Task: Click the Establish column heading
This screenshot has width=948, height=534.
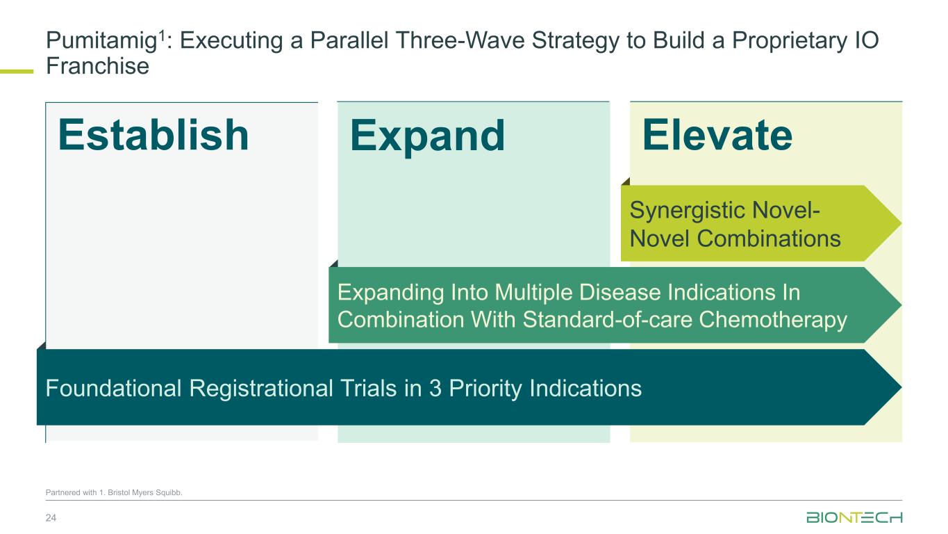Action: pyautogui.click(x=153, y=135)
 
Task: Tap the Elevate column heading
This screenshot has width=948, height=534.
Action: pyautogui.click(x=717, y=135)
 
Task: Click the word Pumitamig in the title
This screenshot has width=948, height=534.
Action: pyautogui.click(x=101, y=42)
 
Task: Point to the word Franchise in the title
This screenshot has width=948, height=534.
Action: pyautogui.click(x=97, y=66)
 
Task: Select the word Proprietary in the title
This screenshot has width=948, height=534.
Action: pyautogui.click(x=790, y=42)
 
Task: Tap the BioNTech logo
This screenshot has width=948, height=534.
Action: pyautogui.click(x=854, y=517)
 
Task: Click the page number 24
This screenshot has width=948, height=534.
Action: pyautogui.click(x=51, y=518)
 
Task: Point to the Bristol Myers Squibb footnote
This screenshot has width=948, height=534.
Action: pyautogui.click(x=114, y=492)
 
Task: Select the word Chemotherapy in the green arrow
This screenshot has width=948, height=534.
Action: pyautogui.click(x=773, y=321)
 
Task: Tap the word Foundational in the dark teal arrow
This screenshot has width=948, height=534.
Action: pyautogui.click(x=113, y=388)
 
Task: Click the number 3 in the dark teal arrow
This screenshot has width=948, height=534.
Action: pyautogui.click(x=435, y=388)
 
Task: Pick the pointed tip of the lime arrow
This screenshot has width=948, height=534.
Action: pyautogui.click(x=901, y=223)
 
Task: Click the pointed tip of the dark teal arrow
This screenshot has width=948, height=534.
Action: pyautogui.click(x=901, y=387)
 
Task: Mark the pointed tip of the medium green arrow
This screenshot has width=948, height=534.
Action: pyautogui.click(x=901, y=305)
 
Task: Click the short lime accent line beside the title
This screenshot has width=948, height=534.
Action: pyautogui.click(x=17, y=72)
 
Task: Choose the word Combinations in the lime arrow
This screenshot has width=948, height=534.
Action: pyautogui.click(x=769, y=238)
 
